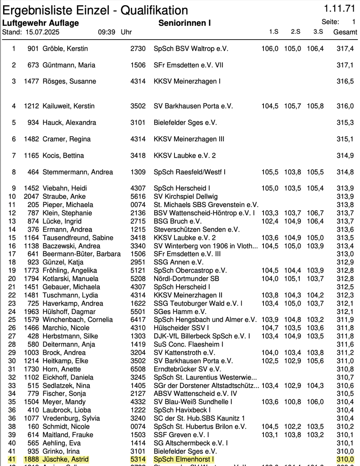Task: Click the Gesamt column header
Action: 345,32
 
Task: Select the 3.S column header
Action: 318,32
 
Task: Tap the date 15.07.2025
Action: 42,32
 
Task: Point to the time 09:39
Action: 106,32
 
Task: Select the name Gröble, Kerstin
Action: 65,49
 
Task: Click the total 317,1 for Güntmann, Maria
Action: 345,65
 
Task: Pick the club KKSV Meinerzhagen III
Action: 189,139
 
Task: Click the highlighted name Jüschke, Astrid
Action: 66,460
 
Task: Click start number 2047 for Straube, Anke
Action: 31,196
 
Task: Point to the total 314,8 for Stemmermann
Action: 345,172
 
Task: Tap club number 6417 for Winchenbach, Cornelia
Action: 138,320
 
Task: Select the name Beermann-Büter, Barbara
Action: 81,254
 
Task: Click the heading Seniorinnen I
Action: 184,23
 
